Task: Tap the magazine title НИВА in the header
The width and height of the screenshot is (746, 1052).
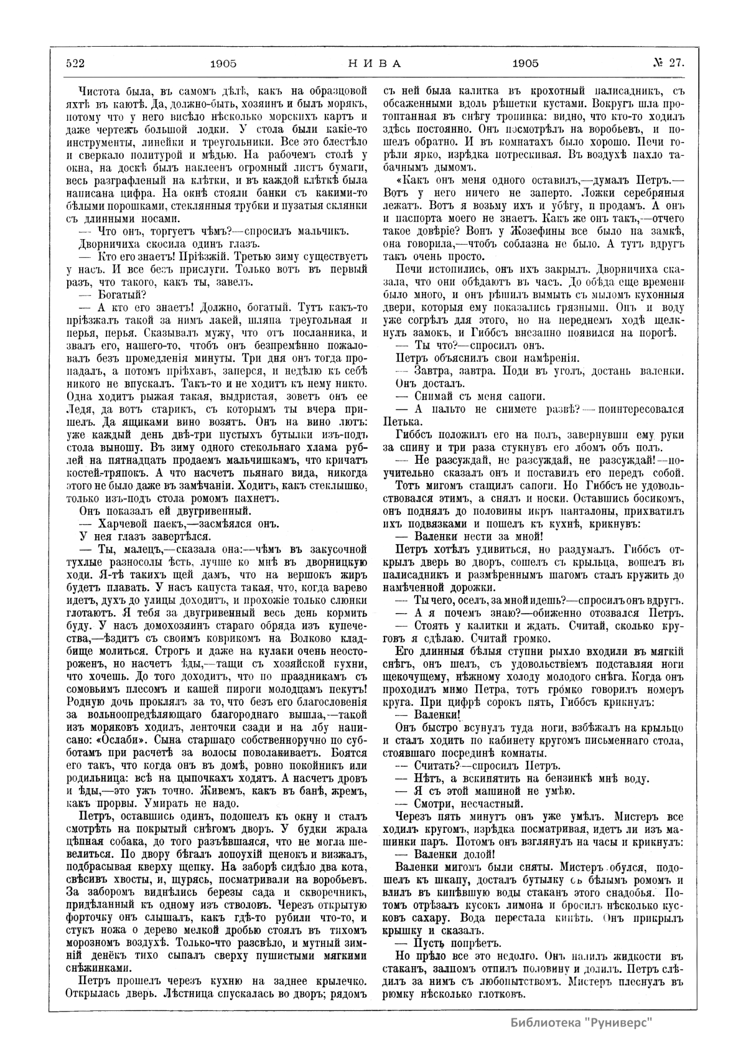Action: [x=373, y=63]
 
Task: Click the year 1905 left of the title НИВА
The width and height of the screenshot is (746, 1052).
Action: [x=224, y=63]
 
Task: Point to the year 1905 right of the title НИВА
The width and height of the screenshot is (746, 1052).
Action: [x=526, y=63]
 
